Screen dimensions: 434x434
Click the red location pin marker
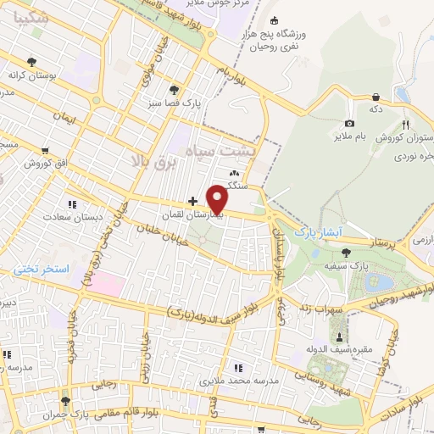(219, 199)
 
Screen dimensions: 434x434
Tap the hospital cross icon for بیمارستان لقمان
(193, 202)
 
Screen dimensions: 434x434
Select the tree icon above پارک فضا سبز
(175, 89)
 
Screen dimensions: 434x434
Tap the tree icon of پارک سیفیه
(346, 252)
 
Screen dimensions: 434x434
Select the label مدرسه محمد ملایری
(240, 381)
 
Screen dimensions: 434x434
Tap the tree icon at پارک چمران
(66, 399)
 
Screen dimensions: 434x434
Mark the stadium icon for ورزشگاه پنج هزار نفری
(273, 21)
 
